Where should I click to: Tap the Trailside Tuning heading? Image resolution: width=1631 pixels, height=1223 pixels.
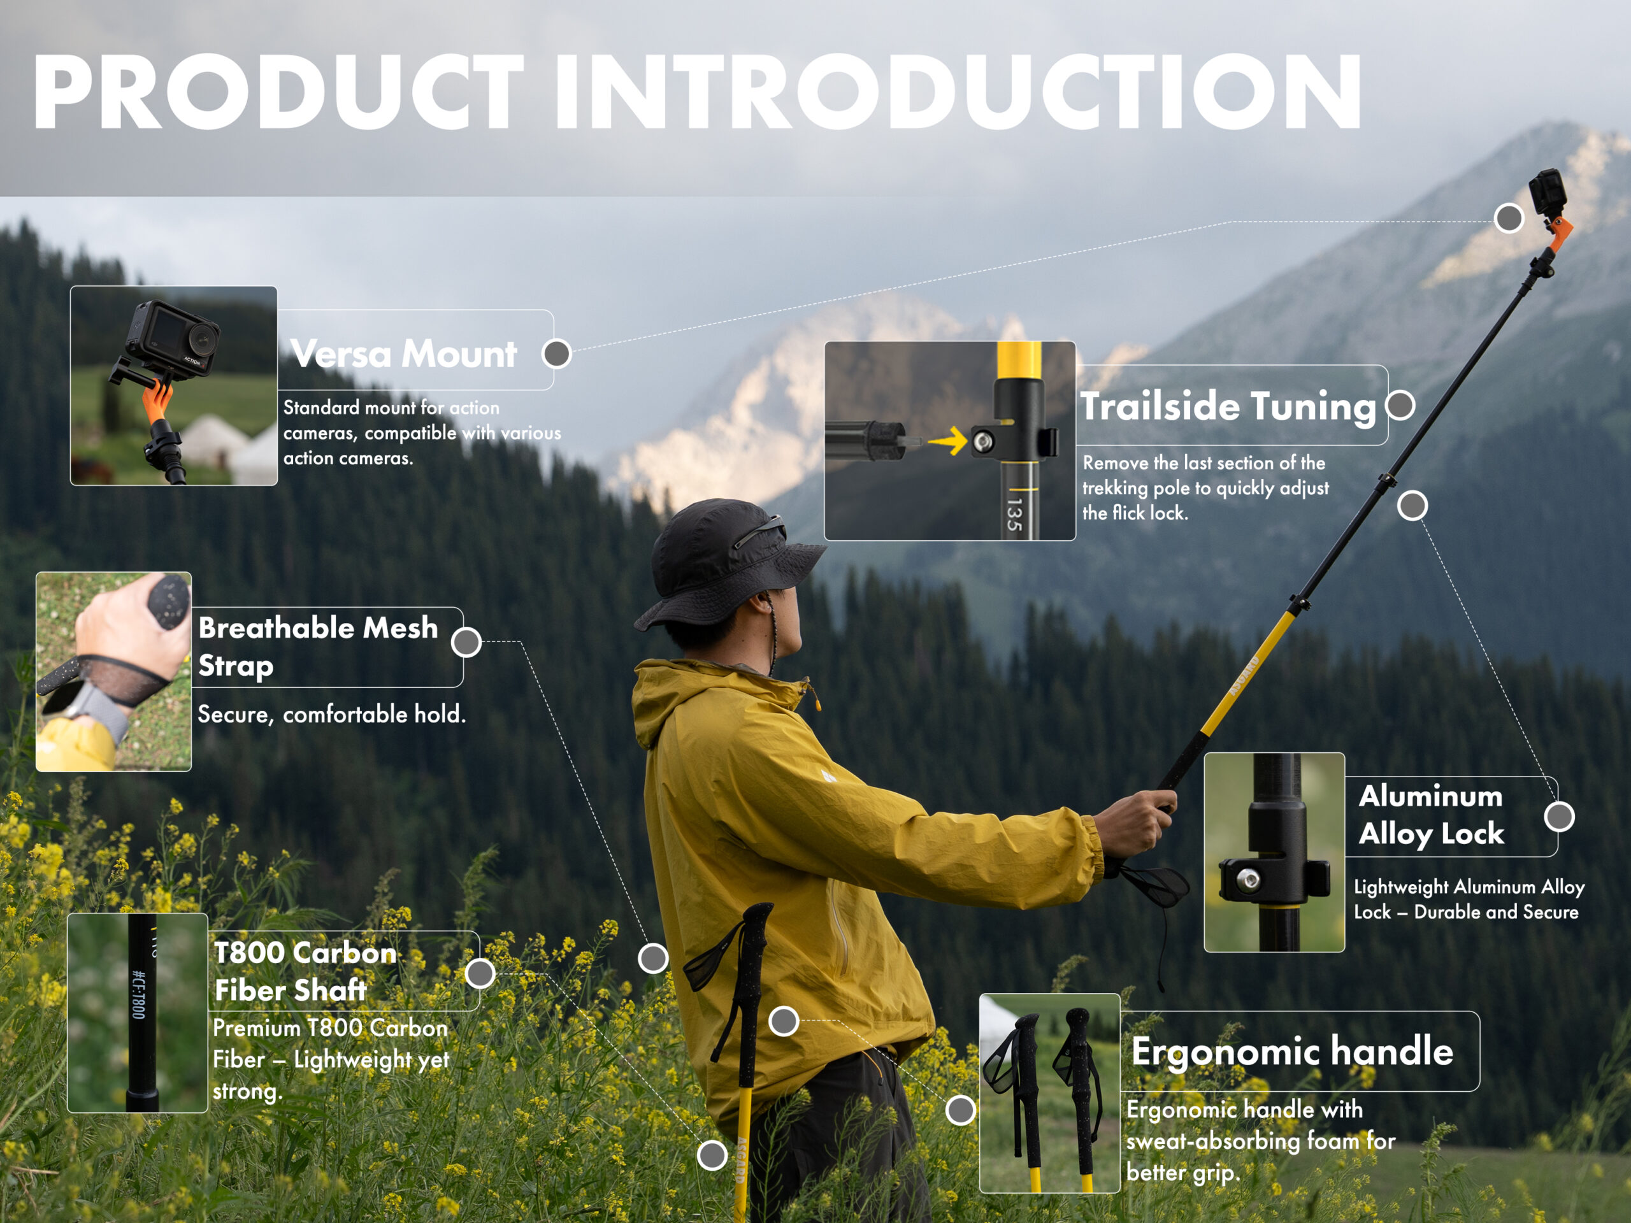pyautogui.click(x=1228, y=406)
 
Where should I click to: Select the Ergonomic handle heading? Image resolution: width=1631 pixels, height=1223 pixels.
pyautogui.click(x=1292, y=1050)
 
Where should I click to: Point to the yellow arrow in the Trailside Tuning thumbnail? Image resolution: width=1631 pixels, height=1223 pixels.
pyautogui.click(x=948, y=441)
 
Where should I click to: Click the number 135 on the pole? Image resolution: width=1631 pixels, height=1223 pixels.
pyautogui.click(x=1014, y=514)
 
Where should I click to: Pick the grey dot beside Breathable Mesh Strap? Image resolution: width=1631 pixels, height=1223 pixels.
pyautogui.click(x=466, y=642)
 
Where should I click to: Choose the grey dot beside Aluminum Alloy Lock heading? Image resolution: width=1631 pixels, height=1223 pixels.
pyautogui.click(x=1560, y=816)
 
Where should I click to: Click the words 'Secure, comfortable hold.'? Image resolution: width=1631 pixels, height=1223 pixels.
pyautogui.click(x=332, y=713)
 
